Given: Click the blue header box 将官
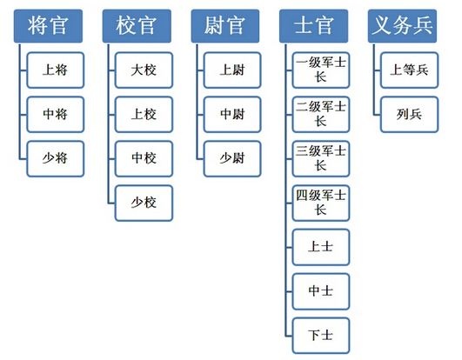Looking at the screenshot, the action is tap(48, 26).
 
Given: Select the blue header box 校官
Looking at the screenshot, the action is tap(137, 26).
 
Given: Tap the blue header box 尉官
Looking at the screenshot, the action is tap(225, 26).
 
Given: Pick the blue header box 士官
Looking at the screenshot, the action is tap(313, 26).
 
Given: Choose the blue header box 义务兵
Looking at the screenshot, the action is tap(402, 26).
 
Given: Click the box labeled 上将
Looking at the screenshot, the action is tap(56, 70).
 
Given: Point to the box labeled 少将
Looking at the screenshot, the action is tap(56, 158).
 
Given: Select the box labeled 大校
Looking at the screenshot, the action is tap(144, 70).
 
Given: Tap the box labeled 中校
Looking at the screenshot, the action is tap(144, 158).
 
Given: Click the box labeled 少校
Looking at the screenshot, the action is tap(144, 203).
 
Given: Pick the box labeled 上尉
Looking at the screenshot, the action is tap(232, 70).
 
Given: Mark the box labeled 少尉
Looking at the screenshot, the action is tap(232, 158).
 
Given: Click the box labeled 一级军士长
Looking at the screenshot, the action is tap(321, 70).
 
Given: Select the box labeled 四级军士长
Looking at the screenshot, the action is tap(321, 203).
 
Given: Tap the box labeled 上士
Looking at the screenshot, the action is tap(321, 247).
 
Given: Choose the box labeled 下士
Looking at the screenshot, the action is tap(321, 336).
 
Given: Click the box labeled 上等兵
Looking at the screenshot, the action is tap(409, 70).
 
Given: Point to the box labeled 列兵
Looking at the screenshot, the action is tap(409, 114).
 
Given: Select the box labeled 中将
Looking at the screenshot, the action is tap(56, 114).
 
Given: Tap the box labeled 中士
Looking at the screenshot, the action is tap(321, 291).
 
